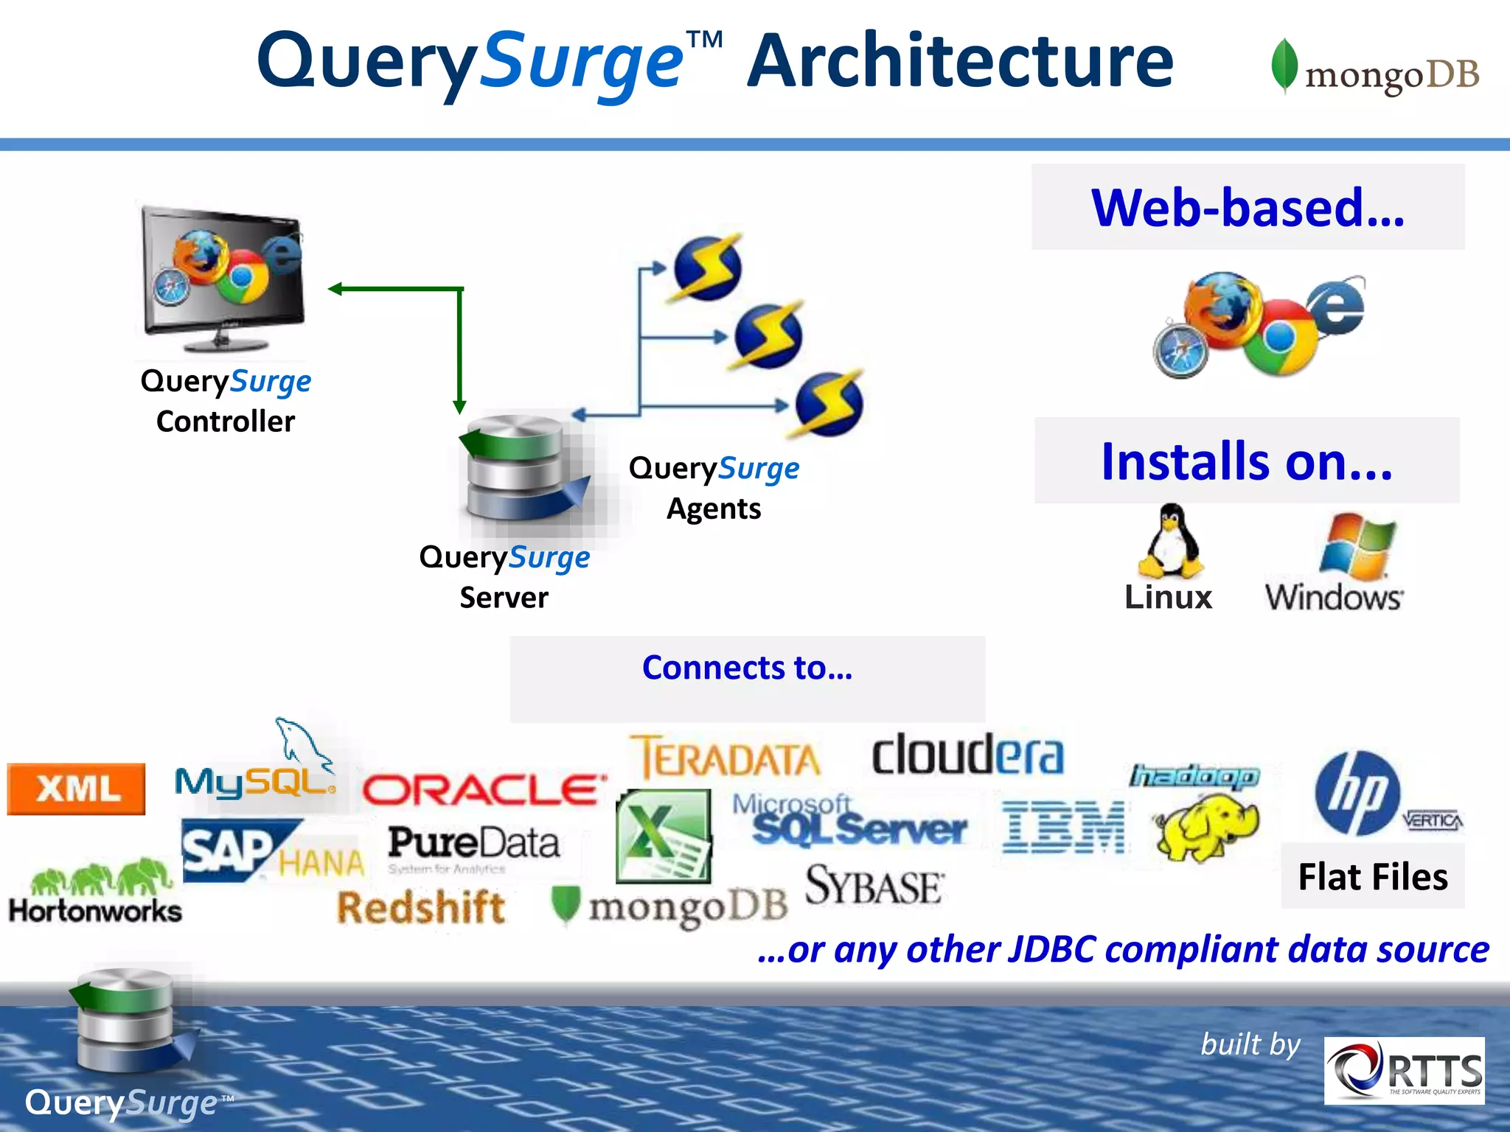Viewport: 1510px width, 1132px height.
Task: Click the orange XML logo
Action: click(x=76, y=789)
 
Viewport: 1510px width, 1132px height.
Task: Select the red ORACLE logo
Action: click(x=484, y=791)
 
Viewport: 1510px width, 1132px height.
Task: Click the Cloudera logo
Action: click(x=967, y=755)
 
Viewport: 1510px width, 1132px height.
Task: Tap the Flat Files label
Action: click(x=1372, y=878)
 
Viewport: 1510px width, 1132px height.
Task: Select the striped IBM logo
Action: click(x=1063, y=828)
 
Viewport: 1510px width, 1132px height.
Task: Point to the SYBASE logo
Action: click(x=874, y=886)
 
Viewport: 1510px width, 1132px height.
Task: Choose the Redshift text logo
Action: click(x=421, y=907)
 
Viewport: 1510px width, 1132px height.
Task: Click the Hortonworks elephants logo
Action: click(x=96, y=892)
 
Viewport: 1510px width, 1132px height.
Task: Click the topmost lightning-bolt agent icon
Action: click(x=706, y=268)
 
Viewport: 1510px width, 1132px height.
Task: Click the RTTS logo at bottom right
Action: click(x=1404, y=1071)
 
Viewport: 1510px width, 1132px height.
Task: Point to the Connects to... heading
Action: click(x=747, y=668)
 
